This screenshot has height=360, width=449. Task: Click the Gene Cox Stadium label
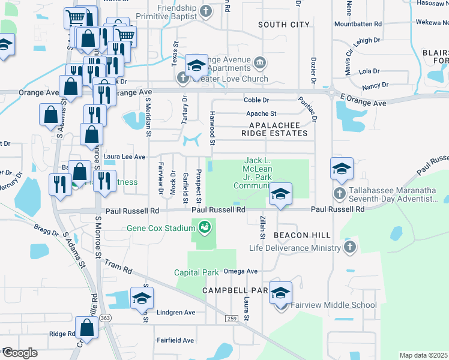pyautogui.click(x=160, y=228)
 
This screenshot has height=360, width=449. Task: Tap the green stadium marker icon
pyautogui.click(x=205, y=227)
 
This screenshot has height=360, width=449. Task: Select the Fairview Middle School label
pyautogui.click(x=334, y=305)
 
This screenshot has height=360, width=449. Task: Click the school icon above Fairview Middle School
pyautogui.click(x=280, y=293)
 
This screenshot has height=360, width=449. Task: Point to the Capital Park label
pyautogui.click(x=196, y=272)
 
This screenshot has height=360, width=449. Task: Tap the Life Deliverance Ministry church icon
pyautogui.click(x=350, y=248)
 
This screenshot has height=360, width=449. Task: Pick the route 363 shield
pyautogui.click(x=106, y=317)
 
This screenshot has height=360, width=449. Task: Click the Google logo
pyautogui.click(x=20, y=352)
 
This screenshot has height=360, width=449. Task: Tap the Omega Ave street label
pyautogui.click(x=240, y=271)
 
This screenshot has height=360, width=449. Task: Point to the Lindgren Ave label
pyautogui.click(x=176, y=313)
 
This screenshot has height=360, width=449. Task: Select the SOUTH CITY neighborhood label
pyautogui.click(x=284, y=25)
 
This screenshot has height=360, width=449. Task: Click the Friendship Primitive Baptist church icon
pyautogui.click(x=205, y=11)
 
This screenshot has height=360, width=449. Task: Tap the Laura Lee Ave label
pyautogui.click(x=125, y=157)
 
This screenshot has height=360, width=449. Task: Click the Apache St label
pyautogui.click(x=261, y=113)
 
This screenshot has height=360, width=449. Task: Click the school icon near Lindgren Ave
pyautogui.click(x=141, y=298)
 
